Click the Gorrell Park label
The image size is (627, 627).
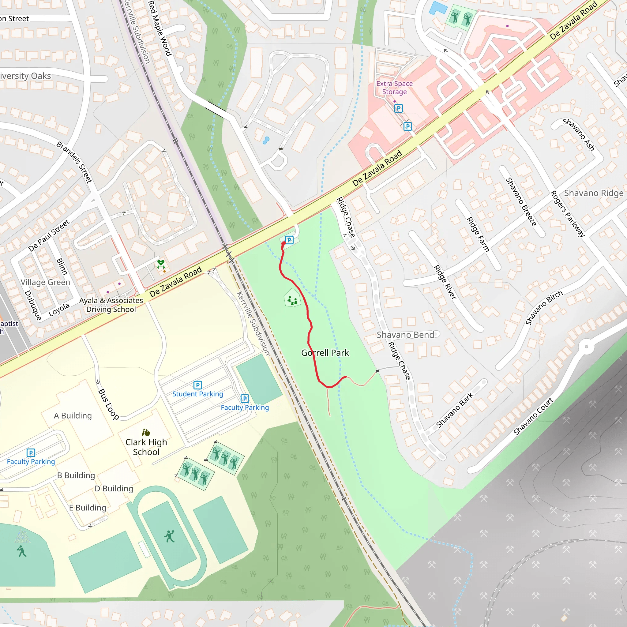tap(325, 353)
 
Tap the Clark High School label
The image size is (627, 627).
tap(146, 447)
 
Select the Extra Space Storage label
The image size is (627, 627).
tap(394, 88)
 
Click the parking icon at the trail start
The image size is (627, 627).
tap(289, 240)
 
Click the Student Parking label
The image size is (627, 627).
tap(198, 394)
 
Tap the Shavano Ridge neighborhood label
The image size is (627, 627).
tap(594, 193)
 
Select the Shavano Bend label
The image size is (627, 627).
tap(405, 335)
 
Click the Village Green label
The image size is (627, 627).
tap(45, 282)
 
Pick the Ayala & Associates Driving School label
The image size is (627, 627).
tap(111, 305)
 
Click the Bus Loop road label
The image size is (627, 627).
tap(108, 404)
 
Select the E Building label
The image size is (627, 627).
tap(88, 508)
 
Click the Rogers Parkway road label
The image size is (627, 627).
tap(568, 214)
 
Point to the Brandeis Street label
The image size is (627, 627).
tap(74, 162)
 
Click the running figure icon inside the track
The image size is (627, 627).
tap(169, 536)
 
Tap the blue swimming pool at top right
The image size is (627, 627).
tap(438, 8)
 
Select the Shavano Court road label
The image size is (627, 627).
tap(534, 416)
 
